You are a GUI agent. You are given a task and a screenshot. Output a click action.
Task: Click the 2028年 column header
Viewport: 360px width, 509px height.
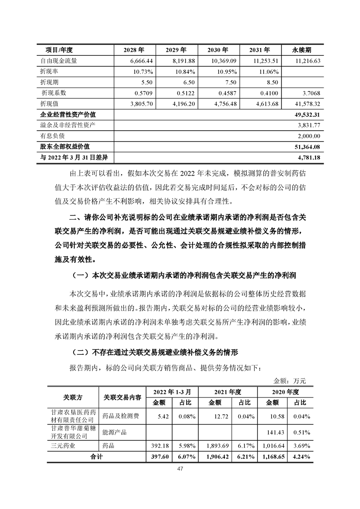pyautogui.click(x=134, y=50)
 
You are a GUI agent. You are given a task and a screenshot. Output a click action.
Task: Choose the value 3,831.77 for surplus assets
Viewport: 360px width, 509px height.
pyautogui.click(x=310, y=125)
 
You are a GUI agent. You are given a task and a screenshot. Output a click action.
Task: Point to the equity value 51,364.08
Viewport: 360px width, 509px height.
pyautogui.click(x=308, y=147)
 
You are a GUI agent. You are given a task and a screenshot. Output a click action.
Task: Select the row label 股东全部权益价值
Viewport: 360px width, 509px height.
pyautogui.click(x=65, y=147)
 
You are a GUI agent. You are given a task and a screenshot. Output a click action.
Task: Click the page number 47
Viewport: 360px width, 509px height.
pyautogui.click(x=180, y=470)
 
